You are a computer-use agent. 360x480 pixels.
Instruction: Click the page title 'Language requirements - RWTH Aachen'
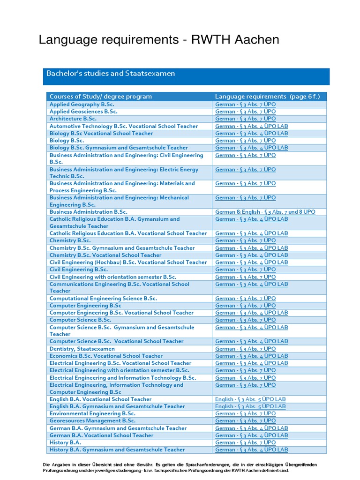point(159,40)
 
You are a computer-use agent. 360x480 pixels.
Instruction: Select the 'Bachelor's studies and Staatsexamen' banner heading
point(111,74)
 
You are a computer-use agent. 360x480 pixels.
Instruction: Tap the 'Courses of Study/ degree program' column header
point(101,97)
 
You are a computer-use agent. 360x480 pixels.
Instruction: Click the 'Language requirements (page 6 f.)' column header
point(267,97)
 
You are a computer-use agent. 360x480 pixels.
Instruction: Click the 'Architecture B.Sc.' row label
point(73,119)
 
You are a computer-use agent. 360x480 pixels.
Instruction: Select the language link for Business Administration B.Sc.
point(265,212)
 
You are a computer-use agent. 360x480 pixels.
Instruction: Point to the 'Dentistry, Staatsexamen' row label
point(82,349)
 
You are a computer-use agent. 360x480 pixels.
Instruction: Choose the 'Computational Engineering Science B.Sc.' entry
point(103,298)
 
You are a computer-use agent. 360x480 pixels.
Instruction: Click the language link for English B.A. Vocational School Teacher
point(250,399)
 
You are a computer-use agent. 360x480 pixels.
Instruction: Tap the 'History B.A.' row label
point(65,442)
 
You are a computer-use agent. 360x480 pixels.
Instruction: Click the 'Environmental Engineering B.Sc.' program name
point(92,413)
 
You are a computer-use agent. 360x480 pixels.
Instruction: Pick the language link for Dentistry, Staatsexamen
point(245,349)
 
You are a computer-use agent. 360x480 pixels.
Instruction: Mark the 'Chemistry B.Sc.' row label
point(70,240)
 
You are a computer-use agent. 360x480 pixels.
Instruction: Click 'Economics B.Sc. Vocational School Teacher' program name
point(106,356)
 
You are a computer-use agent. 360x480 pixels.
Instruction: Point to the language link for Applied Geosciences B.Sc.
point(245,112)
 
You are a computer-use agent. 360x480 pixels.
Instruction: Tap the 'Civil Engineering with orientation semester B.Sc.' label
point(113,277)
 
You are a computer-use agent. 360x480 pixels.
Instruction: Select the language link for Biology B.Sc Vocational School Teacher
point(251,133)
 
